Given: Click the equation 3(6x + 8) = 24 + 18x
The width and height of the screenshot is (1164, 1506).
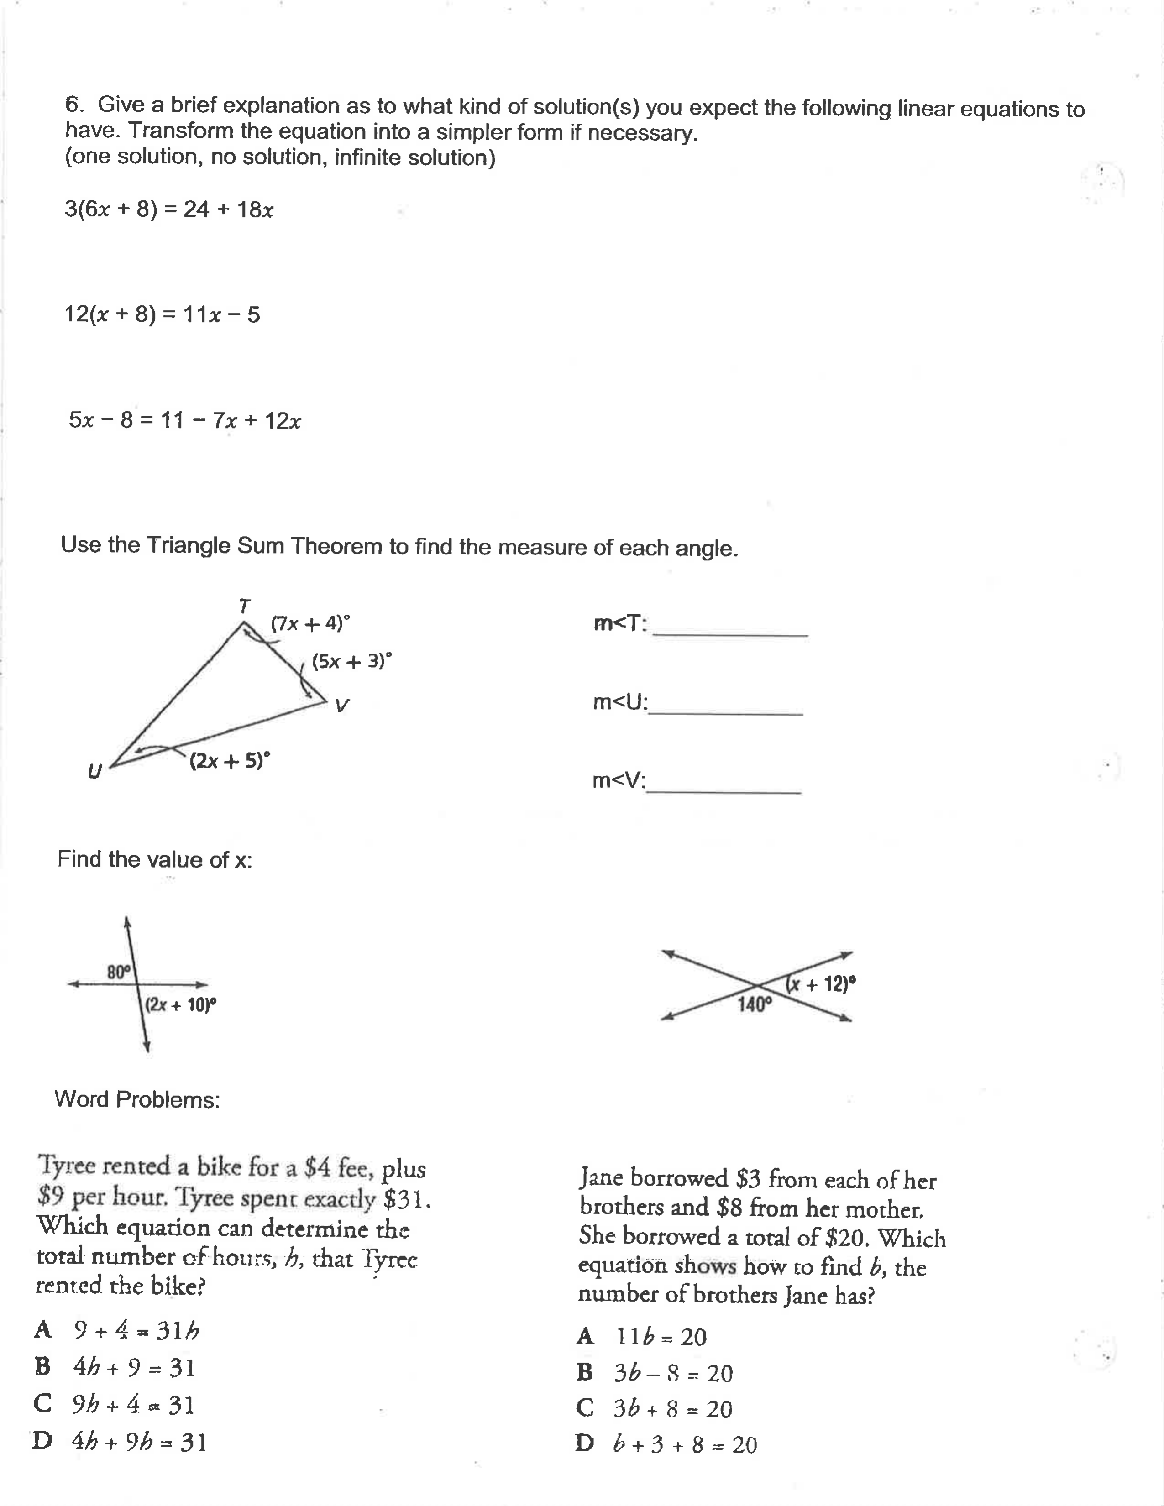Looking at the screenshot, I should click(169, 209).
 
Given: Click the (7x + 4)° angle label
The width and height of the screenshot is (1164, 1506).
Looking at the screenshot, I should click(310, 623).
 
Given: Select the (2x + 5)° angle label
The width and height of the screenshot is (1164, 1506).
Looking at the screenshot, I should click(230, 761).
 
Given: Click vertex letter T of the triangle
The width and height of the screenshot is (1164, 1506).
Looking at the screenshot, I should click(243, 606).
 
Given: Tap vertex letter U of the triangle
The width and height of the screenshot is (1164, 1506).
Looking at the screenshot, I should click(94, 771).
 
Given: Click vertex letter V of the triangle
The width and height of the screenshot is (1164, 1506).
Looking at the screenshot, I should click(341, 706).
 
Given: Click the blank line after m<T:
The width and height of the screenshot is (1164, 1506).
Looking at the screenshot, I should click(729, 631).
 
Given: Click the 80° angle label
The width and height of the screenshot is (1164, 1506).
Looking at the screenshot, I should click(119, 972).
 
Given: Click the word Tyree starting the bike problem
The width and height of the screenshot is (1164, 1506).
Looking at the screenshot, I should click(66, 1166).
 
